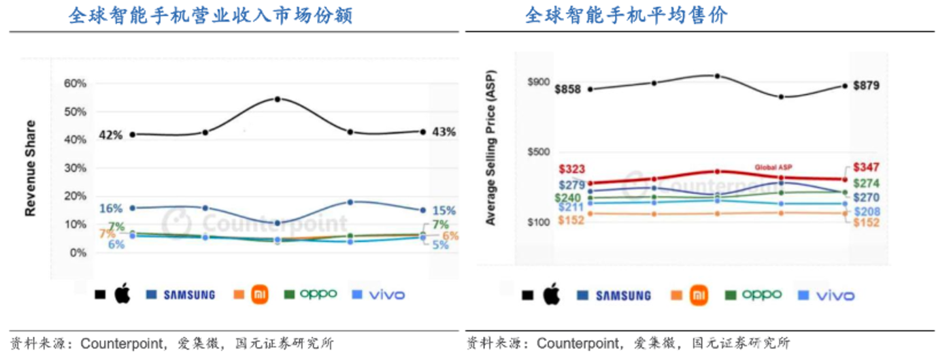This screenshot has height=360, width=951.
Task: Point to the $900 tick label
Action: point(539,82)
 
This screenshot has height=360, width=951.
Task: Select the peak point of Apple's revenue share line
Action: point(278,99)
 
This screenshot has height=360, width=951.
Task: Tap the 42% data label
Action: point(110,135)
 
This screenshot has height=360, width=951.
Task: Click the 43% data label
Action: point(444,132)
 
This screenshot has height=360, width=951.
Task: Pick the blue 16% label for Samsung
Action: point(111,208)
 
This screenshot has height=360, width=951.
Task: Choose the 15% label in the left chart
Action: point(444,210)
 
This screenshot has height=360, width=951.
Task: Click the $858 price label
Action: point(567,89)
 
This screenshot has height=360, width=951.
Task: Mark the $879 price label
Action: point(866,86)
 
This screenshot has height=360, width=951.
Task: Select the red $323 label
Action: point(572,169)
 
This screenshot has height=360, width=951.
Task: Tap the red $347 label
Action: point(866,167)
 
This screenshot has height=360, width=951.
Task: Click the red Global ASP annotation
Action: point(773,167)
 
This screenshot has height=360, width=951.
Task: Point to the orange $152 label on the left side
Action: point(571,220)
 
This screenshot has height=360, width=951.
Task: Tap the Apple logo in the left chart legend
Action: point(122,295)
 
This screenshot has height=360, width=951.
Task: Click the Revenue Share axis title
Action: point(31,168)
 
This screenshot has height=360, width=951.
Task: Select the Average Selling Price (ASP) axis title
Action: point(490,148)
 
